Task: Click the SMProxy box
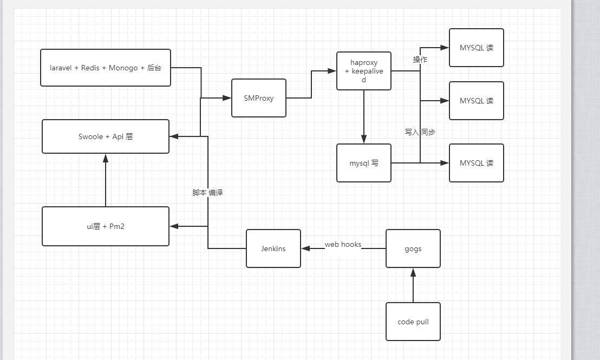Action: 259,98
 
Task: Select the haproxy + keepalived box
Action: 363,71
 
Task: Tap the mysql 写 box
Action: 363,163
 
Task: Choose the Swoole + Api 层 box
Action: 106,136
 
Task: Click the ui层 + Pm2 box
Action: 106,226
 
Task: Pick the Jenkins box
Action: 273,248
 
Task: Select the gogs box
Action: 413,248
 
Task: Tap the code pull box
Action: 413,322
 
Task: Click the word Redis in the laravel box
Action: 90,68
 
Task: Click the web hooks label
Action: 343,245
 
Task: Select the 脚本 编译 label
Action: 207,193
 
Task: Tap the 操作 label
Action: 420,60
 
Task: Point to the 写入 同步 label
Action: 420,132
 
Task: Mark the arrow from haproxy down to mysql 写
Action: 364,116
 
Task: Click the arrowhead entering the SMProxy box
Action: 226,98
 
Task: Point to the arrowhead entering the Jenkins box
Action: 306,248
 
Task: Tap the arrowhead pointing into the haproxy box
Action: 331,70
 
